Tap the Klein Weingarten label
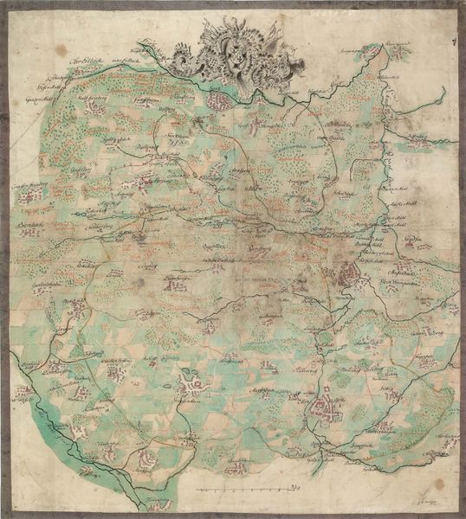[400, 279]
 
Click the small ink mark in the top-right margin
[453, 40]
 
